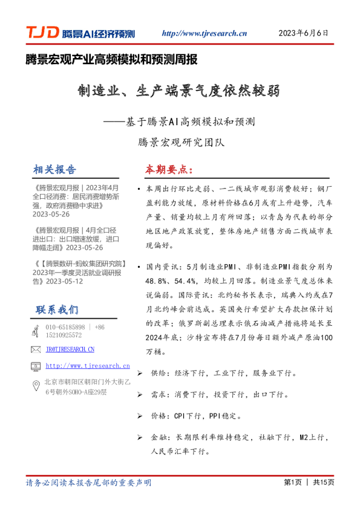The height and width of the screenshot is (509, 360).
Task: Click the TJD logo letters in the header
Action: tap(42, 33)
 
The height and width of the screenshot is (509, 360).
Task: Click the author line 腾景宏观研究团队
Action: tap(180, 143)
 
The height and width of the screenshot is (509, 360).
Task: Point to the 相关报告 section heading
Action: tap(56, 169)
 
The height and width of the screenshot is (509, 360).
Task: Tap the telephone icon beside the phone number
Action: tap(35, 331)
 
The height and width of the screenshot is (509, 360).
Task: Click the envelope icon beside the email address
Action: tap(35, 349)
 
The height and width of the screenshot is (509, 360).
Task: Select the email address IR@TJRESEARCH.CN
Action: tap(70, 349)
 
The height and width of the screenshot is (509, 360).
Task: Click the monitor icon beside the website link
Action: tap(35, 366)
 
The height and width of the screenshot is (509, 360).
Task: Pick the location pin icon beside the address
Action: tap(35, 387)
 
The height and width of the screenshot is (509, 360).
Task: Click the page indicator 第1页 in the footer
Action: tap(292, 482)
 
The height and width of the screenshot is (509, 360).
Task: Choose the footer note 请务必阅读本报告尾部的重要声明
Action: tap(88, 482)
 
